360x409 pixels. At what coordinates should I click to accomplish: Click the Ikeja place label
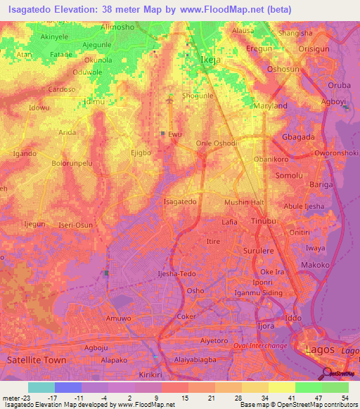click(x=211, y=60)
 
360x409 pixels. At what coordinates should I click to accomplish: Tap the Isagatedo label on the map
click(x=179, y=202)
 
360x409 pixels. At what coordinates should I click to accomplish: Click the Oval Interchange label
click(x=259, y=346)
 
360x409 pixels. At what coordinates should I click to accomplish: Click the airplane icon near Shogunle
click(x=169, y=100)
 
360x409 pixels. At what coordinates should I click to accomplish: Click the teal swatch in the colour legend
click(x=41, y=387)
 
